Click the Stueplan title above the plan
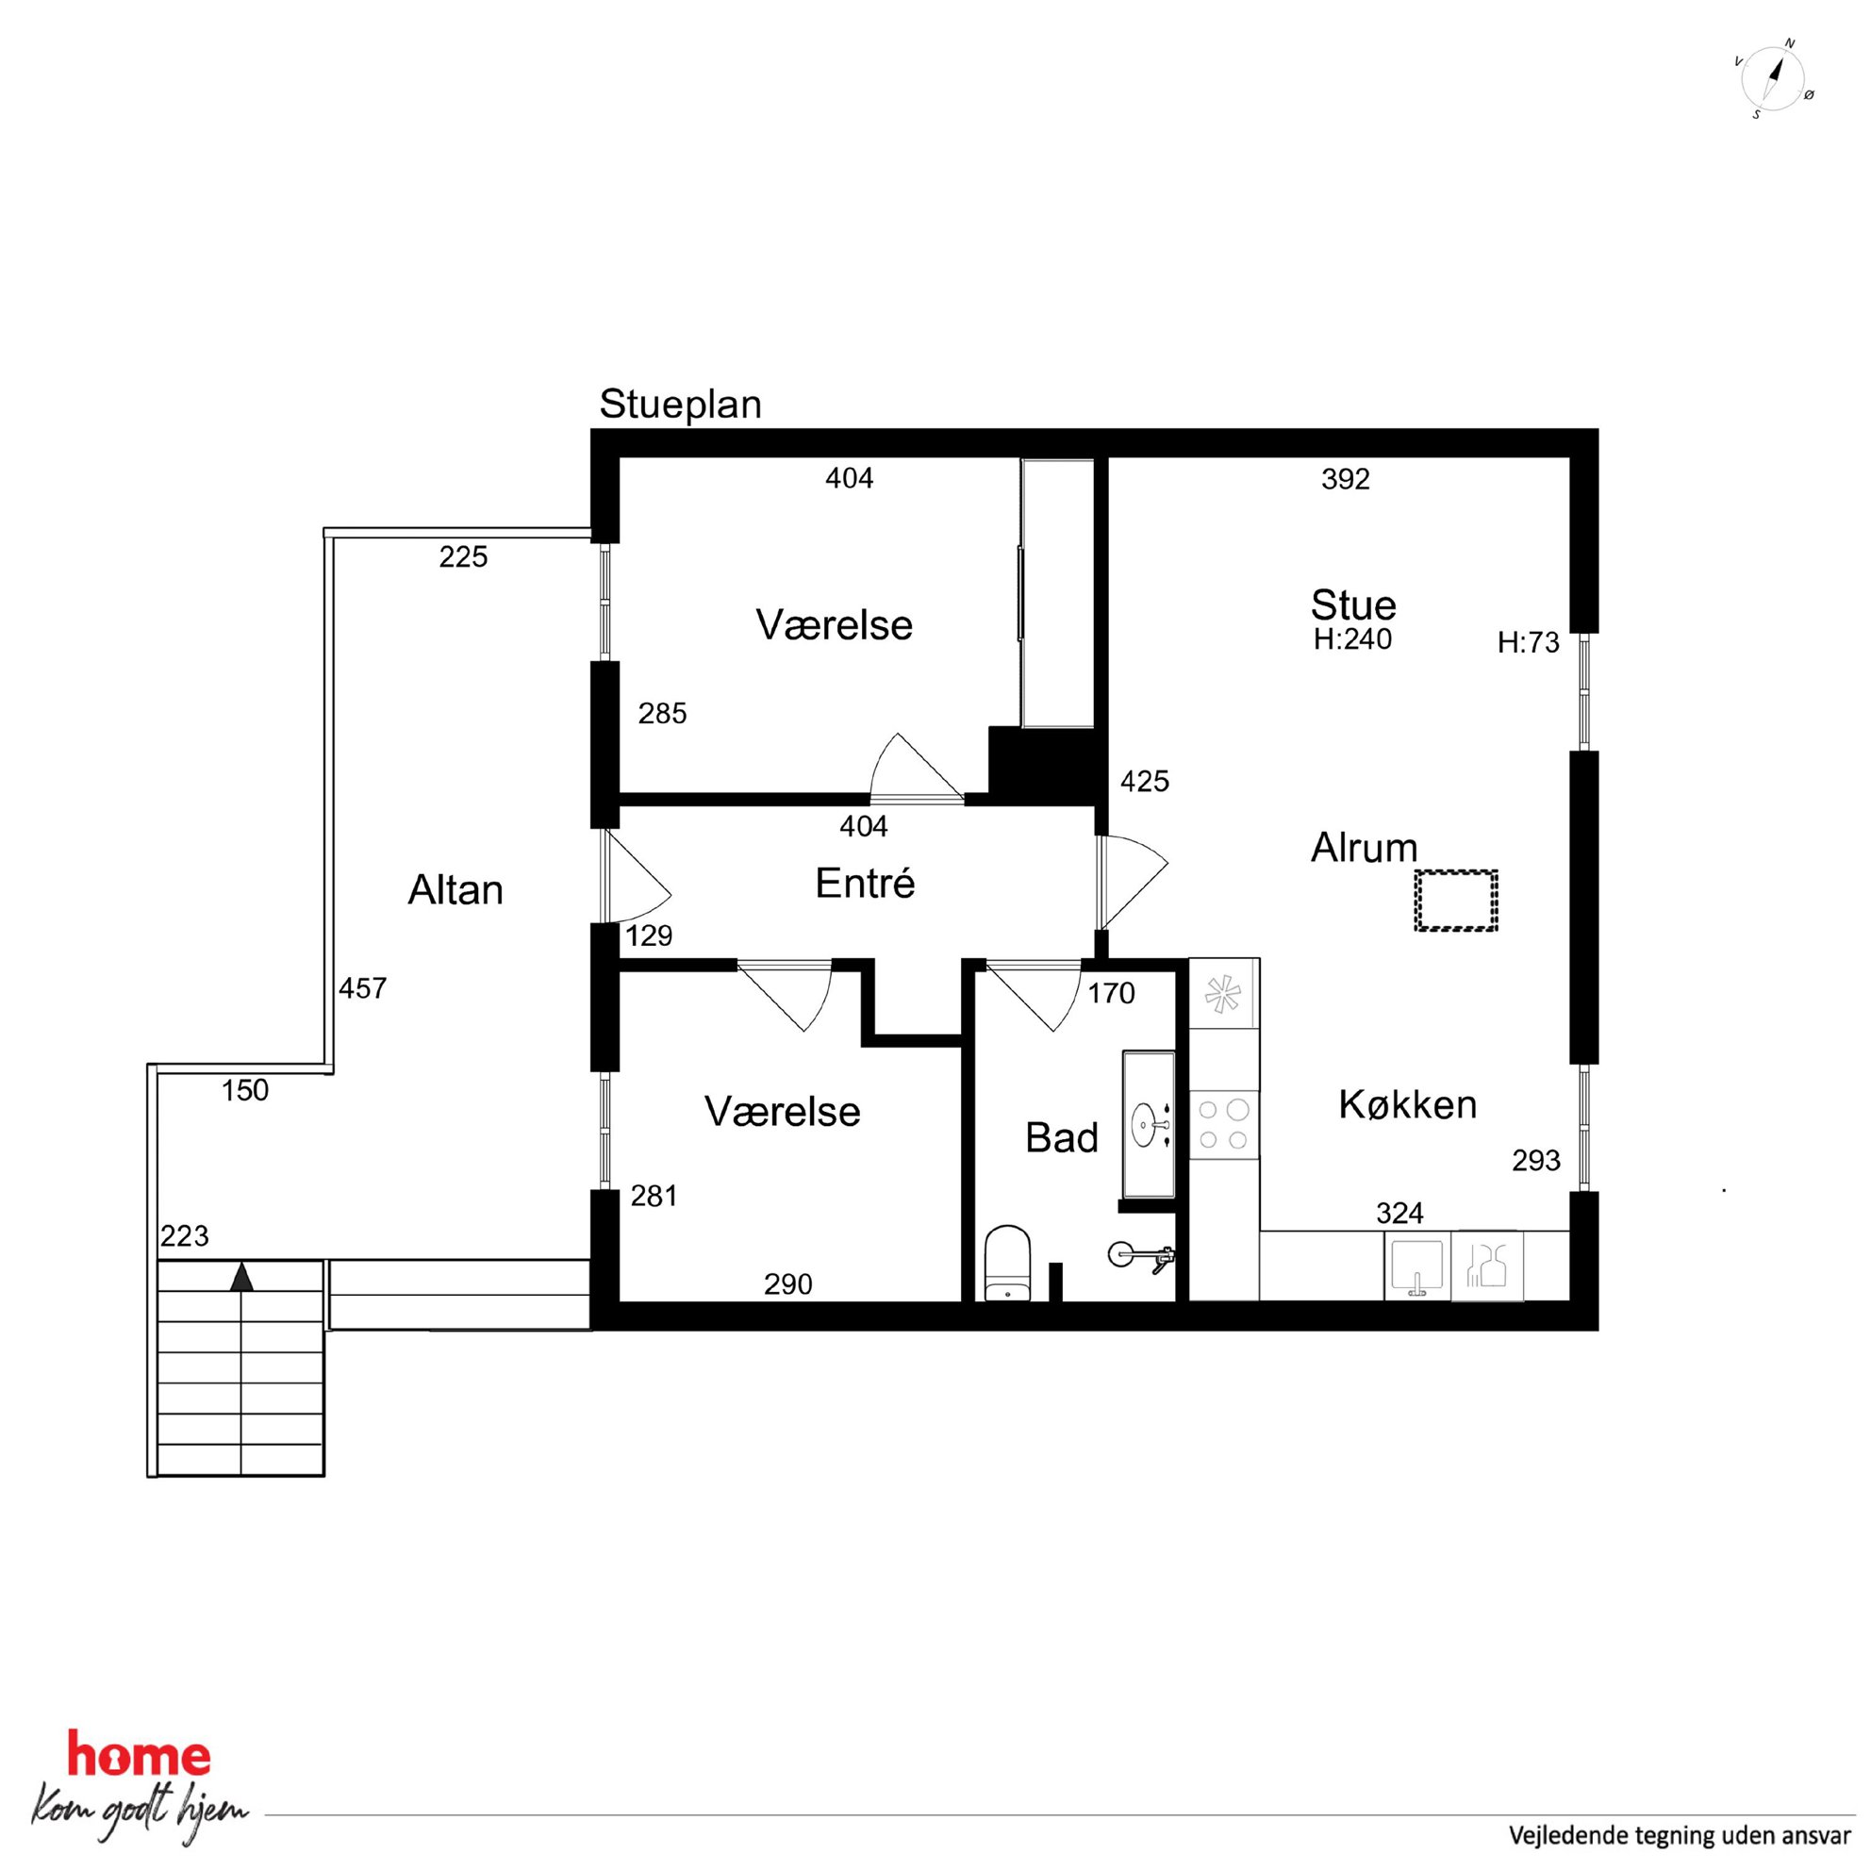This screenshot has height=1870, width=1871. (680, 405)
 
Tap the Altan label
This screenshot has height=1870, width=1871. (455, 890)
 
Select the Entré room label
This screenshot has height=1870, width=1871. (865, 883)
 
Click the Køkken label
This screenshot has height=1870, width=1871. (1407, 1104)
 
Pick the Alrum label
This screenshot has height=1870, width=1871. (1364, 849)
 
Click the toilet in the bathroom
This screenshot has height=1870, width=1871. (1007, 1263)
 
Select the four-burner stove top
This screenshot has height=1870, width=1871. (1223, 1124)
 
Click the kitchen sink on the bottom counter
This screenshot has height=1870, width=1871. (1416, 1266)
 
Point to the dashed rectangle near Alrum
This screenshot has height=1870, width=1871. (1455, 901)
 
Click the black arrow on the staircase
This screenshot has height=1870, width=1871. (241, 1278)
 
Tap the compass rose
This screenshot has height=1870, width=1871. (1773, 79)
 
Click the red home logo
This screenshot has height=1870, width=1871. (139, 1756)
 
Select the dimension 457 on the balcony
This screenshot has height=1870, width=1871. (362, 987)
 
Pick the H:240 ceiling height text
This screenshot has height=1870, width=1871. (1352, 639)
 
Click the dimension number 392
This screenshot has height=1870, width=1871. (1345, 479)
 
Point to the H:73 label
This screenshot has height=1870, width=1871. (1528, 643)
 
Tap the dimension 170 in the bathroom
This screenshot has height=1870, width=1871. (1111, 994)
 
